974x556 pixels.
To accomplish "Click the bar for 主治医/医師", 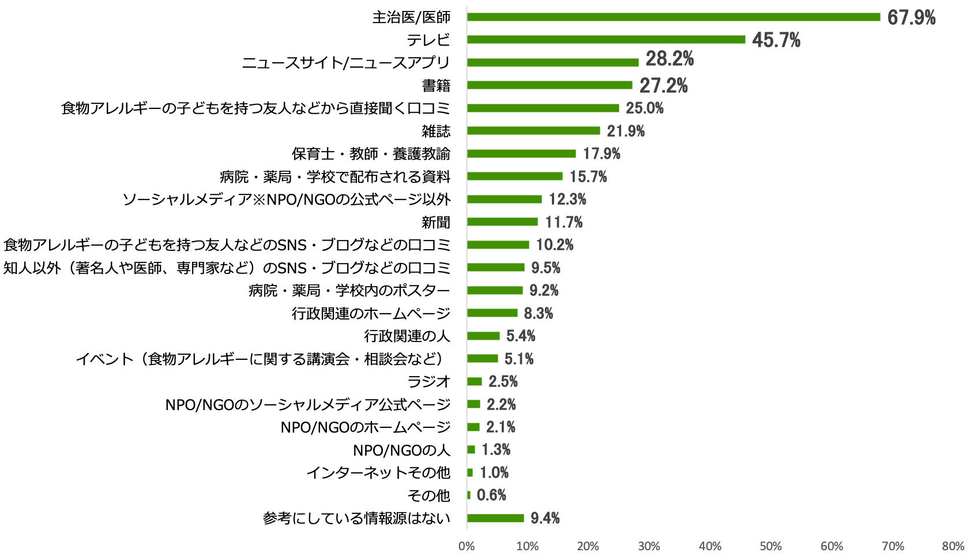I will (673, 17).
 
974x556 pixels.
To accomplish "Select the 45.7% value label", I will (776, 40).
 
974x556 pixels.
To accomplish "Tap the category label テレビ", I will (428, 40).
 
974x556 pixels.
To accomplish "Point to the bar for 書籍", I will (549, 85).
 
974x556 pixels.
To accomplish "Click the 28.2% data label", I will (670, 59).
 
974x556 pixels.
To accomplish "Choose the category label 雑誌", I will (435, 131).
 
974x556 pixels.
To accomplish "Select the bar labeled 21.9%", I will (533, 131).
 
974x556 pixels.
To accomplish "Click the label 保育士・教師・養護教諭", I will (371, 154).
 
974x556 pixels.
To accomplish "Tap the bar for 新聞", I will (502, 222).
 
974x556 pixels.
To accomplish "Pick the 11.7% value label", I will (563, 222).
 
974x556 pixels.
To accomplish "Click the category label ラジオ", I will (428, 382).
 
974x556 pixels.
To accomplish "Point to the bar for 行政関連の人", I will (483, 336).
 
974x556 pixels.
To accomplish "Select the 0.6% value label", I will (491, 495).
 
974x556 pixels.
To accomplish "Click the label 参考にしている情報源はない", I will (356, 519).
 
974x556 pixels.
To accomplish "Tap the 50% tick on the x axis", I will (770, 546).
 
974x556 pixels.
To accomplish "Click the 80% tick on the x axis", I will (953, 546).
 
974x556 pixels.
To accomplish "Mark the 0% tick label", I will (467, 546).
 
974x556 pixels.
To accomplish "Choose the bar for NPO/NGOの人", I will (471, 450).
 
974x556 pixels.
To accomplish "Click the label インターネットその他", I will (378, 473).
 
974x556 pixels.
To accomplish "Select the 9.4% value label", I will (545, 519).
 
